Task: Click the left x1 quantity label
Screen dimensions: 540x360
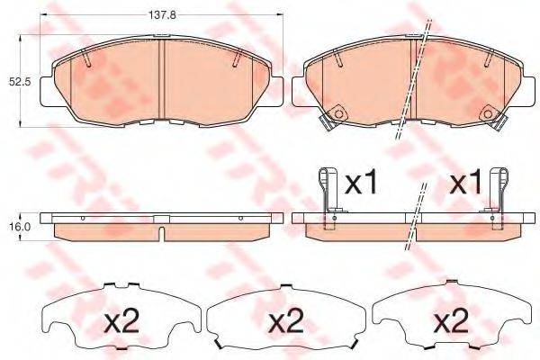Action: [x=362, y=184]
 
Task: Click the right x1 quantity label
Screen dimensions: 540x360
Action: [x=466, y=184]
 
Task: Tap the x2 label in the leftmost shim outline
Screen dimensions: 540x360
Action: [x=121, y=321]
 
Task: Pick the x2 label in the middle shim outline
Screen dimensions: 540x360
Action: [x=286, y=321]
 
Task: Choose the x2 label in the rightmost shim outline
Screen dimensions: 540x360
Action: [x=451, y=321]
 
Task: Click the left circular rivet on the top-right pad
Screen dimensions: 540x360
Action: [x=337, y=113]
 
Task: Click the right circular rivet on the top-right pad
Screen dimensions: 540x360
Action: [x=488, y=113]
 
